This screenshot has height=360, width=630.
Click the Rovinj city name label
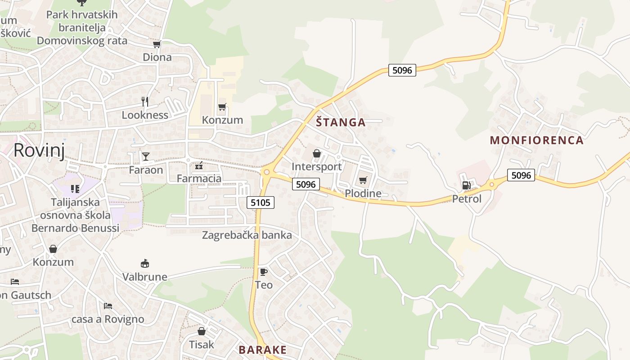point(39,150)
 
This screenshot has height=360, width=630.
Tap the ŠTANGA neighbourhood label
point(341,122)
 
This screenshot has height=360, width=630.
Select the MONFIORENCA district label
point(536,140)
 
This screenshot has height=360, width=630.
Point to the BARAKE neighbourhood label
point(262,350)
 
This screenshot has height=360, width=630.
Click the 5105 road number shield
point(261,202)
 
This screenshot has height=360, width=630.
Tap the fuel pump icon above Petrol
point(467,185)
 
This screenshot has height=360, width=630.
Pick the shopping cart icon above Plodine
point(363,180)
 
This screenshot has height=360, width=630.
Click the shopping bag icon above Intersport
point(317,153)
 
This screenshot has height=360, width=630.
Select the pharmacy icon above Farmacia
point(199,166)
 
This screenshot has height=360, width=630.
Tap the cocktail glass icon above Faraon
point(146,157)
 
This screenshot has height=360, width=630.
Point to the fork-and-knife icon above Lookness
point(145,101)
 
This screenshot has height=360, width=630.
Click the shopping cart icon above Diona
point(157,44)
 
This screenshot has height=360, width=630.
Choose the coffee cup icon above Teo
point(264,272)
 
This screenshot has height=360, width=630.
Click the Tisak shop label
point(201,345)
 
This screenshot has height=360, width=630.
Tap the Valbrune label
point(145,277)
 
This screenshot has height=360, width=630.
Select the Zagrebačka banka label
point(247,235)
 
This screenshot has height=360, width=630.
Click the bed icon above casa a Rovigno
point(108,306)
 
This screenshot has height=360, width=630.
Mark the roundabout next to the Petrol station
point(492,184)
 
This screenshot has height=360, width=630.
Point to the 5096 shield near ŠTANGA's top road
point(402,70)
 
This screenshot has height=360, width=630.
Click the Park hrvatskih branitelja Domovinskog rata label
point(82,27)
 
